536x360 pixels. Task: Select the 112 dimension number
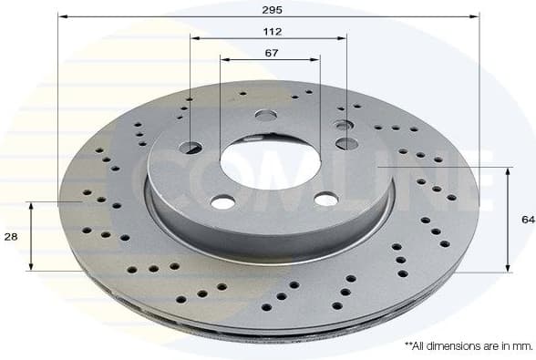(x=271, y=31)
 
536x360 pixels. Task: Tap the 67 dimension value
(x=271, y=53)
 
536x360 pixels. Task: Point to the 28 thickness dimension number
(x=10, y=236)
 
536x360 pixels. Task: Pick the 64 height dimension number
(x=527, y=220)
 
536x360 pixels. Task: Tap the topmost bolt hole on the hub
(x=266, y=115)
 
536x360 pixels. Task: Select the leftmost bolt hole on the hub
(x=192, y=148)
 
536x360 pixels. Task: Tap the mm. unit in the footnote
(x=521, y=346)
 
